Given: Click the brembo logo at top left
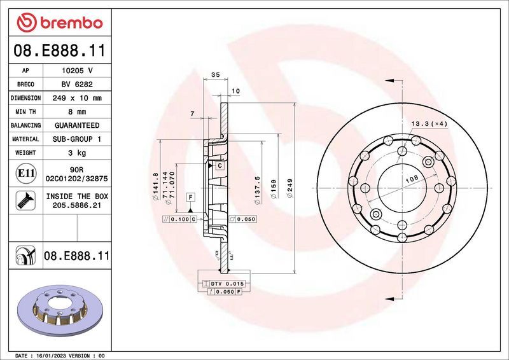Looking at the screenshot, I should click(x=59, y=23).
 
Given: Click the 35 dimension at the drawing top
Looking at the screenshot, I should click(x=214, y=75).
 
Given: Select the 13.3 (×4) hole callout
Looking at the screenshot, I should click(x=430, y=123).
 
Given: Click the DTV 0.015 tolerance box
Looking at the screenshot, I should click(x=227, y=282).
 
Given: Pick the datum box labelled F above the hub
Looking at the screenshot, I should click(x=190, y=197).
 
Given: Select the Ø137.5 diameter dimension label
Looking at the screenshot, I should click(x=257, y=188).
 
